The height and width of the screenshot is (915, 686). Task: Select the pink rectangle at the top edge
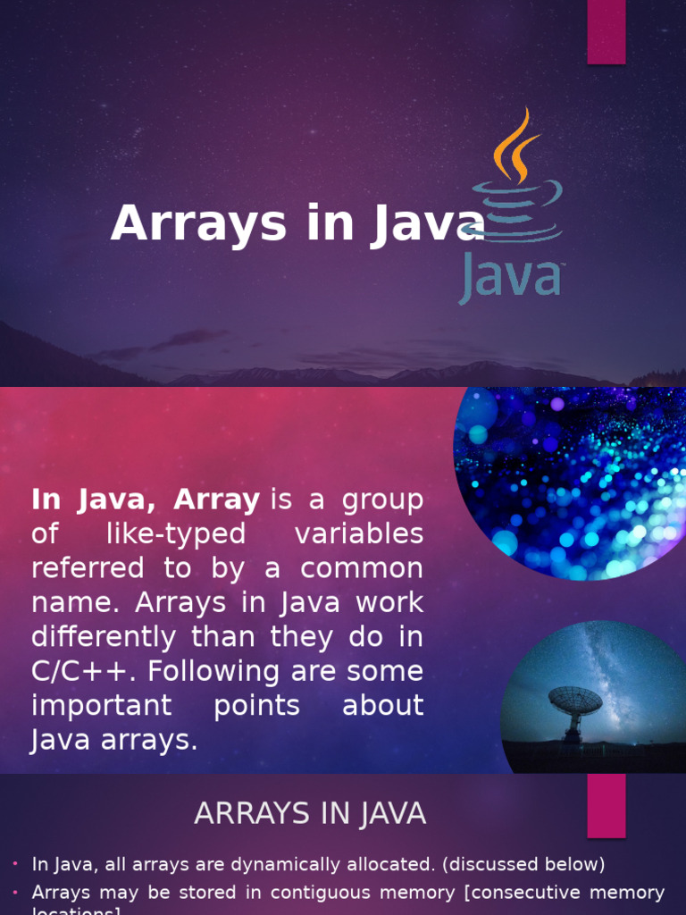click(606, 32)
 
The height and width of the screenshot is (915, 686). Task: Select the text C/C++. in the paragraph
click(79, 671)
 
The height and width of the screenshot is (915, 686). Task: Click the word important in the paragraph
click(101, 705)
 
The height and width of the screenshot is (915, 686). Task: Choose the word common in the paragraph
click(362, 568)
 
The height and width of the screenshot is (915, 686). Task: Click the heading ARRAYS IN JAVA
click(310, 814)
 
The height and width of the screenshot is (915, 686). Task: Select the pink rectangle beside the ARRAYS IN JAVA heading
click(606, 805)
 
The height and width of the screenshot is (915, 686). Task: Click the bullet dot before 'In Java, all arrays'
click(16, 864)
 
